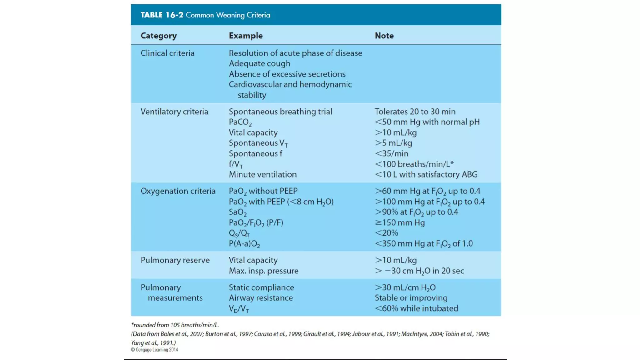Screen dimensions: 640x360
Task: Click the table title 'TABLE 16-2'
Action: pos(162,15)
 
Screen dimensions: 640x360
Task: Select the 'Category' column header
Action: pos(158,36)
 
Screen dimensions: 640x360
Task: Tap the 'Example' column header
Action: pos(246,36)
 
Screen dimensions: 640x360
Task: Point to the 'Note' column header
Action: pos(384,36)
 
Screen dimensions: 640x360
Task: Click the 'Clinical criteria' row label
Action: pos(167,53)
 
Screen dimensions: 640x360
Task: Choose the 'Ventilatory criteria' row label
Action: pos(174,112)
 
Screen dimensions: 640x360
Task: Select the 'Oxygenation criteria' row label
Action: pos(178,191)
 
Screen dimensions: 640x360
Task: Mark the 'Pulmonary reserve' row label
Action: pos(175,260)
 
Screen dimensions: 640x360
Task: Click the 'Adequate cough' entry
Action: pos(259,63)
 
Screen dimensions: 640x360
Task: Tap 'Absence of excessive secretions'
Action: pos(287,74)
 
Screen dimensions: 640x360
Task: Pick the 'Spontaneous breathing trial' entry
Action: pos(280,112)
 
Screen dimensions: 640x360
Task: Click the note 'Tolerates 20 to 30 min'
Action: pos(415,112)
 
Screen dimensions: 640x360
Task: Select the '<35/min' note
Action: pos(392,153)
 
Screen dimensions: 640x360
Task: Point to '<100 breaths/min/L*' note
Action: pos(414,164)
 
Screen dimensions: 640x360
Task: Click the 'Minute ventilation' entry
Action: pos(262,174)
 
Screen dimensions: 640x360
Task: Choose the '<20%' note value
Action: pos(386,233)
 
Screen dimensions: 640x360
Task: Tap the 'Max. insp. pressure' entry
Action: pos(263,271)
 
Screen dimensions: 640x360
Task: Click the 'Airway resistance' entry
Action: pos(261,298)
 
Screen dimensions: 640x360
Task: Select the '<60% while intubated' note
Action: pos(416,308)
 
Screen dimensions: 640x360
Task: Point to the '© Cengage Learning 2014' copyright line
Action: pos(154,350)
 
